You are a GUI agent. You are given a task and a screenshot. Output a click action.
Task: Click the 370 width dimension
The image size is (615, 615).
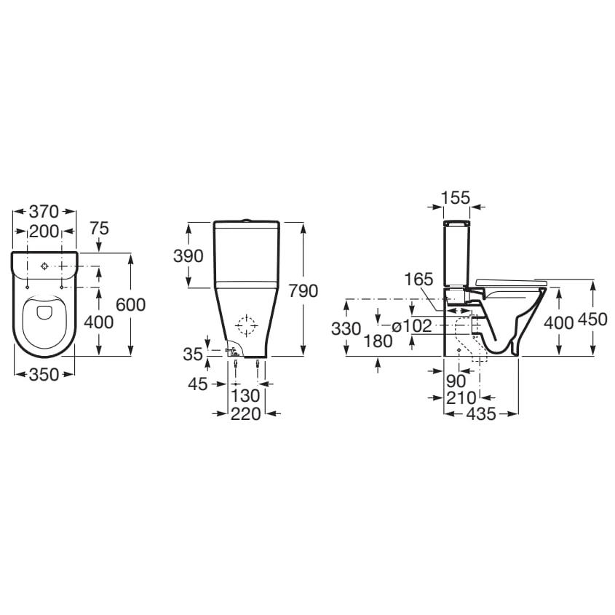[x=44, y=212]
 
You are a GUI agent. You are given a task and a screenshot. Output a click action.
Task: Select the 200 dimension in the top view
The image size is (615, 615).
[x=44, y=231]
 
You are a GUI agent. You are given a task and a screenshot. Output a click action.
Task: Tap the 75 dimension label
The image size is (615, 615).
[x=99, y=229]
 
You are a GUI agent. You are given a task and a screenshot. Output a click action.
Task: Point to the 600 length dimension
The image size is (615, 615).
[x=130, y=305]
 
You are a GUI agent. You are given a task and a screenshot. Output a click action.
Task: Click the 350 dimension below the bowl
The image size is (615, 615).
[x=44, y=375]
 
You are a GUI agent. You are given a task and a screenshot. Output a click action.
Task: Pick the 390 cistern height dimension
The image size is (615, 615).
[x=189, y=256]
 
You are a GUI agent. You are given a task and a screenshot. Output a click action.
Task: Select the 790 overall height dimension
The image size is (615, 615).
[x=303, y=291]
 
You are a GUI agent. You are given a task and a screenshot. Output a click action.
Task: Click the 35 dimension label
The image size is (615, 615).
[x=193, y=354]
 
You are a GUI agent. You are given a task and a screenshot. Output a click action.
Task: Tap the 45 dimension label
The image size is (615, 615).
[x=198, y=384]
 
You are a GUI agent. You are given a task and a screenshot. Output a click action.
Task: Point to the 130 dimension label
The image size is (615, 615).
[x=245, y=396]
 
